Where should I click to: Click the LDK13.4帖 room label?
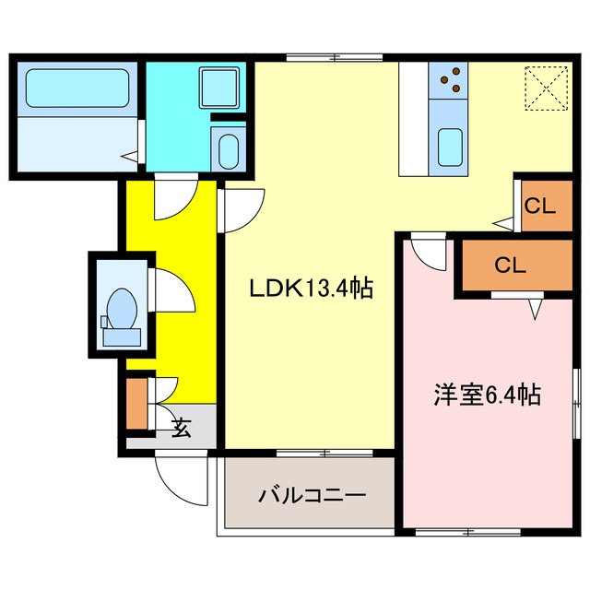(x=312, y=289)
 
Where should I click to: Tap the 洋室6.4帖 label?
(x=488, y=395)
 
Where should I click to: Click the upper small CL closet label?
(x=539, y=206)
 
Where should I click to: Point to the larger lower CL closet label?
(x=509, y=265)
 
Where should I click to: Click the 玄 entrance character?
(x=181, y=429)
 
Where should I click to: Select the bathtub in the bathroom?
(x=76, y=89)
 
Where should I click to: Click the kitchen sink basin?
(x=449, y=146)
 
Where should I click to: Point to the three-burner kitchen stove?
(x=449, y=80)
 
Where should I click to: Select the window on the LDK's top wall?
(x=323, y=58)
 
